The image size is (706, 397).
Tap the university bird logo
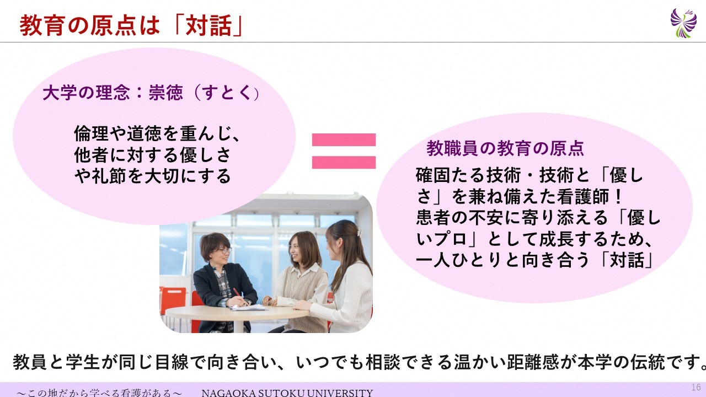pos(683,23)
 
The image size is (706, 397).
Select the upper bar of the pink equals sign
pos(344,140)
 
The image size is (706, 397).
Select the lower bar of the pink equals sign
pos(344,162)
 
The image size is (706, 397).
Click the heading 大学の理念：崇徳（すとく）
pos(151,93)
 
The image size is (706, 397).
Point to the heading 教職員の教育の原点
pos(505,148)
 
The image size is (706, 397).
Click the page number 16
pos(696,387)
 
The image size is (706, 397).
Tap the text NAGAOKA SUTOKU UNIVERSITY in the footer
pos(287,393)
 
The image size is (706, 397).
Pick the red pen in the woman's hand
pos(239,296)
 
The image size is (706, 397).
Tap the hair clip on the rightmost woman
pos(359,233)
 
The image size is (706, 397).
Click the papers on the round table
pos(249,307)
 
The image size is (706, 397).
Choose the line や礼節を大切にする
pos(153,176)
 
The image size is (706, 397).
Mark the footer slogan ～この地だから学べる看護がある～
pos(100,393)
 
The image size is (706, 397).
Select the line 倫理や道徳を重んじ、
pos(158,133)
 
